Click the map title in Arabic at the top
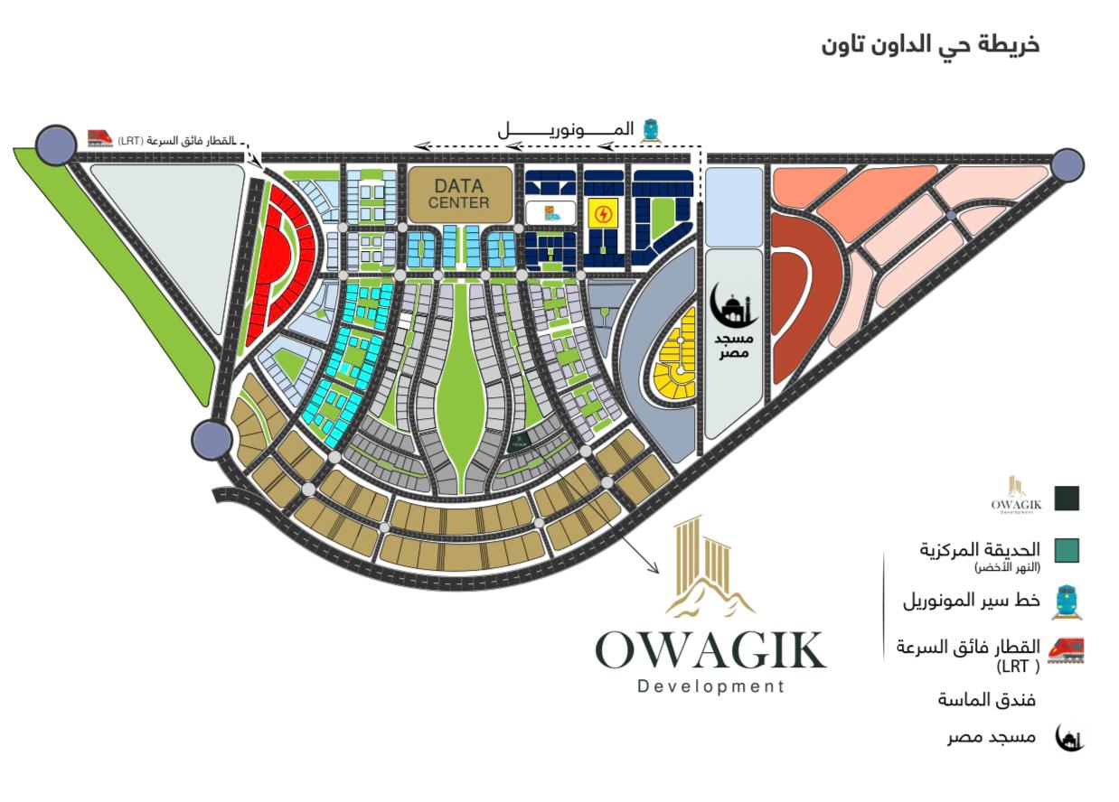click(x=931, y=44)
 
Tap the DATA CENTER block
click(x=458, y=193)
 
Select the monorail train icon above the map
click(x=649, y=131)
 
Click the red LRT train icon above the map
click(x=99, y=138)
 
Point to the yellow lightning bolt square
click(x=601, y=214)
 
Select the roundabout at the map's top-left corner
click(x=56, y=145)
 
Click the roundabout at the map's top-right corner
click(x=1067, y=164)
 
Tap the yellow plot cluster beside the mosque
click(x=678, y=361)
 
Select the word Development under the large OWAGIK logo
click(x=710, y=686)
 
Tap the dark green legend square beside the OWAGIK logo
click(x=1067, y=498)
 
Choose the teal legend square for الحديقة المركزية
click(x=1067, y=550)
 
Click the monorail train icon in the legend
click(x=1067, y=601)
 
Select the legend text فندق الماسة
click(x=986, y=700)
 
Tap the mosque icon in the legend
click(x=1069, y=738)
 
